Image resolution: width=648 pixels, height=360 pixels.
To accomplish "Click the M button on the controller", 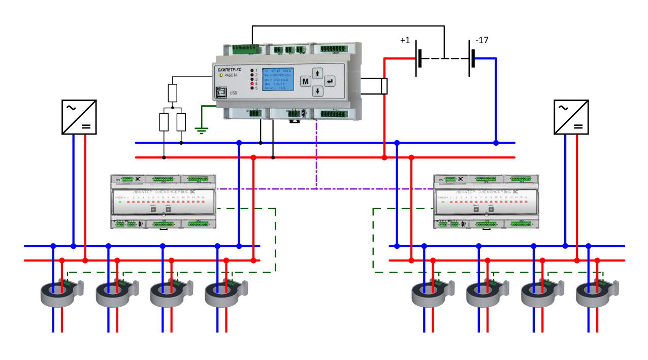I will click(x=305, y=81).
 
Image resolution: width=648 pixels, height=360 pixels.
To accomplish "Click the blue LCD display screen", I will click(x=279, y=80).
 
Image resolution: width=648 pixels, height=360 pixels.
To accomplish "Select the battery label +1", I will click(x=405, y=41).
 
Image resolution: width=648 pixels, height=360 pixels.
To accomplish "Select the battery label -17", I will click(x=482, y=40).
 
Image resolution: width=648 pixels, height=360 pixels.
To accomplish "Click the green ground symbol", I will click(x=202, y=129).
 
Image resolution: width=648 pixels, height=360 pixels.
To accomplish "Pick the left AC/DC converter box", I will click(x=79, y=117).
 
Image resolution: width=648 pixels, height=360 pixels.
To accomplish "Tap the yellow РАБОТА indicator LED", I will click(x=221, y=75).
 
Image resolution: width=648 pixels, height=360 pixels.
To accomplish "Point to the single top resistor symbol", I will click(x=173, y=93).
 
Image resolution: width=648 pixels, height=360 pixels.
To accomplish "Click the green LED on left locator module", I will click(x=120, y=202).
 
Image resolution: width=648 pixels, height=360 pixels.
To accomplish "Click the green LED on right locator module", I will click(x=443, y=202).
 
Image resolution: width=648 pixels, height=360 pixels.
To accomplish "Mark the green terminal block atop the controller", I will click(x=245, y=49).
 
